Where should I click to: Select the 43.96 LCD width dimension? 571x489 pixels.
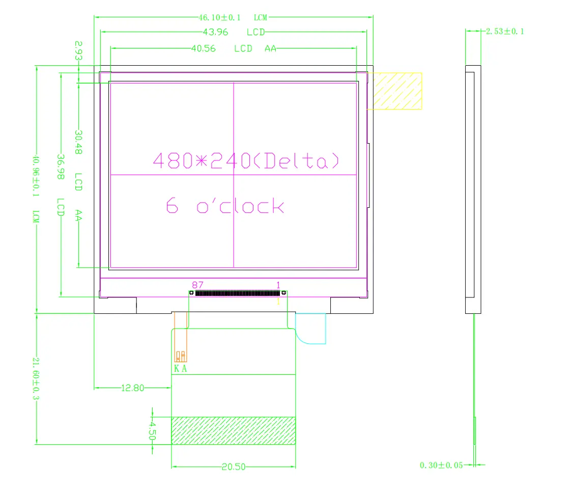tap(215, 32)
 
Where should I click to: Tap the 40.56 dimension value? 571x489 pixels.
tap(203, 49)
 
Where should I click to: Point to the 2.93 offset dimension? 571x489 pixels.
tap(78, 51)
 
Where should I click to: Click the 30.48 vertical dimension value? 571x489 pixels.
tap(78, 142)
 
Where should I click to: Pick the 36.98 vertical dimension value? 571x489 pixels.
tap(61, 166)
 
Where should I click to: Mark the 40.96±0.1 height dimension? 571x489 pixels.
tap(36, 176)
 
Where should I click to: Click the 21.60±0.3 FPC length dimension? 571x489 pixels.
tap(36, 378)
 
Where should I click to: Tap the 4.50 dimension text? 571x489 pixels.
tap(152, 430)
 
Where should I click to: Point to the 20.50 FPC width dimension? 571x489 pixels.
tap(233, 467)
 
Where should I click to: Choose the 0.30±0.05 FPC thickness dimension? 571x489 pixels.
tap(441, 465)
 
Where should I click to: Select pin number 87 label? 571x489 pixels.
tap(197, 284)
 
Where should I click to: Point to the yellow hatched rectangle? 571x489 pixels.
tap(394, 91)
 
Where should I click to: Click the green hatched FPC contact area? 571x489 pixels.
tap(233, 430)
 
